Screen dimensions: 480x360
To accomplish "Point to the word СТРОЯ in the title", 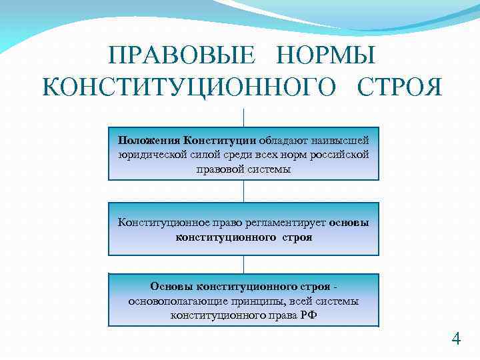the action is tap(399, 87).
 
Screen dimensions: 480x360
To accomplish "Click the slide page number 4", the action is tap(456, 339).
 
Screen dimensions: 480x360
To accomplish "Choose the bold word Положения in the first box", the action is tap(149, 140).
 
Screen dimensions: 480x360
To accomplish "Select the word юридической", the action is tap(149, 155).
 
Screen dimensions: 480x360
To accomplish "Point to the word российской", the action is tap(339, 155).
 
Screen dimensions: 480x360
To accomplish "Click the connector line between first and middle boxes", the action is tap(244, 191).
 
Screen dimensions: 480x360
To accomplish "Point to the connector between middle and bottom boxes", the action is tap(244, 264).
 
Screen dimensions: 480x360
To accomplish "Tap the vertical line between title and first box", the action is tap(244, 117).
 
